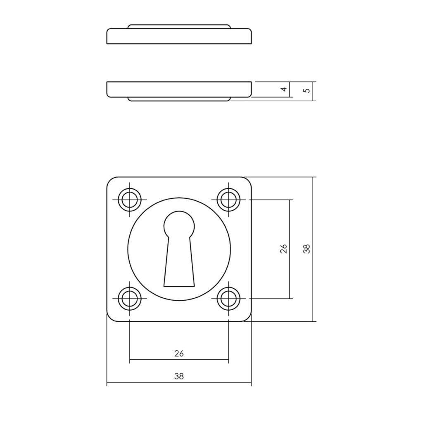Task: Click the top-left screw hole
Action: tap(130, 200)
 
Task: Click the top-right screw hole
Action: tap(228, 200)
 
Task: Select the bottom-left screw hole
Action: tap(130, 299)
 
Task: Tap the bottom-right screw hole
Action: tap(228, 299)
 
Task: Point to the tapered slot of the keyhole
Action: tap(179, 261)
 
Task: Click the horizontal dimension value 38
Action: tap(179, 376)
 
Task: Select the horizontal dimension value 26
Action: tap(179, 353)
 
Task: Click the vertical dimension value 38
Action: tap(307, 249)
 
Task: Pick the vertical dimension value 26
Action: tap(284, 249)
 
